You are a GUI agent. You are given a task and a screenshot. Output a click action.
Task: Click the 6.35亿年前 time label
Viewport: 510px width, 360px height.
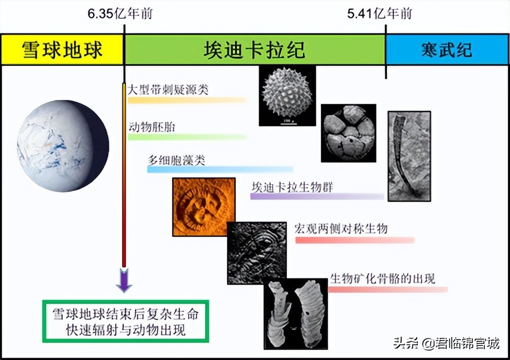(120, 14)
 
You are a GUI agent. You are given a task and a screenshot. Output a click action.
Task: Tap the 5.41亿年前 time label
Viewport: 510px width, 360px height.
(379, 14)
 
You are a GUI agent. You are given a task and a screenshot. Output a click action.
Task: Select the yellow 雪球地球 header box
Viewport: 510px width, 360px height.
(62, 50)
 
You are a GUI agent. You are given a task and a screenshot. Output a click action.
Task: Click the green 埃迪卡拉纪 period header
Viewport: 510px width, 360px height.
(254, 50)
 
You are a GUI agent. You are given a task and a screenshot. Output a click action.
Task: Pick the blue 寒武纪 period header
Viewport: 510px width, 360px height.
(447, 50)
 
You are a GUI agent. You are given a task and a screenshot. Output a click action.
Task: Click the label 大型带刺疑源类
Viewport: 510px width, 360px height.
(168, 89)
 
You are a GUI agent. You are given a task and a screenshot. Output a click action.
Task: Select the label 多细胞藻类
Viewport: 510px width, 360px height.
(175, 160)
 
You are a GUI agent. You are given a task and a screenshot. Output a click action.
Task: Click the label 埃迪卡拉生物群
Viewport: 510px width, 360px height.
(293, 187)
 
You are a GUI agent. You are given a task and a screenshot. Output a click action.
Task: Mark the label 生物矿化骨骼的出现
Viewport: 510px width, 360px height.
(382, 278)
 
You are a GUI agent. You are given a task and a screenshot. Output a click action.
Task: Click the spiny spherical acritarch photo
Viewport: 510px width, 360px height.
(287, 95)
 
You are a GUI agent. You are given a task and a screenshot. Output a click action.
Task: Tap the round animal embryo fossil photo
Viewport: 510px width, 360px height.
(348, 133)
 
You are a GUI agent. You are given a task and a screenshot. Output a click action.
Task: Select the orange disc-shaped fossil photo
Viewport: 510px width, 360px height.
(199, 207)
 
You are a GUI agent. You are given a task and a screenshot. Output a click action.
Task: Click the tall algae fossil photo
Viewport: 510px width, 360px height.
(409, 156)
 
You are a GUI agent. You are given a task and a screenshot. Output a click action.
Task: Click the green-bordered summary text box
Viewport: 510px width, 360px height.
(126, 321)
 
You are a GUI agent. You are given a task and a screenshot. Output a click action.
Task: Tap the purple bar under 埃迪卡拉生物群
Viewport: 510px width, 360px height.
(317, 197)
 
